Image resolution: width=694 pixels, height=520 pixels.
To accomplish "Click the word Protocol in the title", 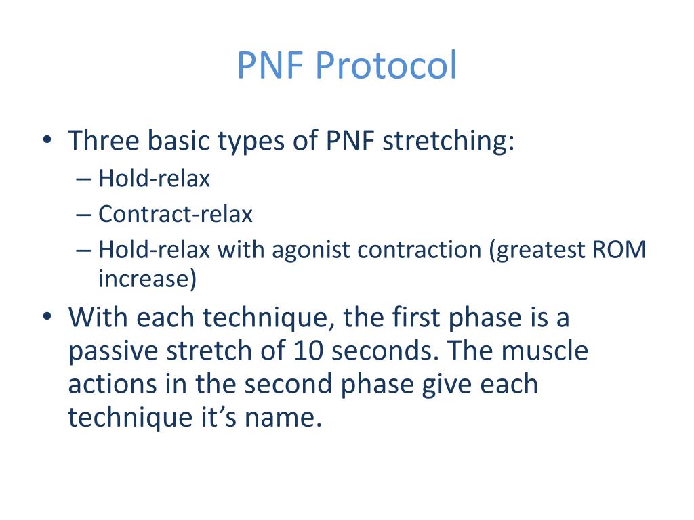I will (x=386, y=66).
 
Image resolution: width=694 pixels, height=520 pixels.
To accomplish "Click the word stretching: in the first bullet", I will (x=448, y=141).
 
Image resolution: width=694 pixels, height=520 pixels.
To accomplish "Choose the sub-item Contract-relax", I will (x=176, y=215).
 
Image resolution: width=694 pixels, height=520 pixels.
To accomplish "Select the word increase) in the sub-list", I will (x=147, y=279).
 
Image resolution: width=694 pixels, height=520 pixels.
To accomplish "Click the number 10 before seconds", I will (x=308, y=351).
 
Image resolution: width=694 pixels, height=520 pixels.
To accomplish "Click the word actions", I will (x=113, y=384).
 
